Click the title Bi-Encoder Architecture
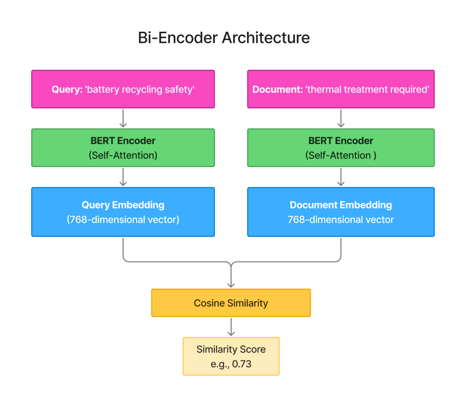coord(224,38)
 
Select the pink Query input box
coord(123,89)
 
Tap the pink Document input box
coord(341,89)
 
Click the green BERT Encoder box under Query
coord(123,148)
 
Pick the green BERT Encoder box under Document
coord(341,148)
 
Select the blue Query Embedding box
coord(123,212)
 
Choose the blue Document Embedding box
coord(341,212)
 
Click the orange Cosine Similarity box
coord(231,303)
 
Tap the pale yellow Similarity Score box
coord(231,356)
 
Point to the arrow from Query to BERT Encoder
coord(123,118)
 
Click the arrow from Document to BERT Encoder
coord(341,118)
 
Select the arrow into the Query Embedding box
coord(123,177)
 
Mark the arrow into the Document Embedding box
coord(341,177)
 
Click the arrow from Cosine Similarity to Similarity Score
coord(231,327)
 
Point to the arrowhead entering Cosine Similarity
coord(231,285)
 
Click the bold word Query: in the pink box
coord(67,89)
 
